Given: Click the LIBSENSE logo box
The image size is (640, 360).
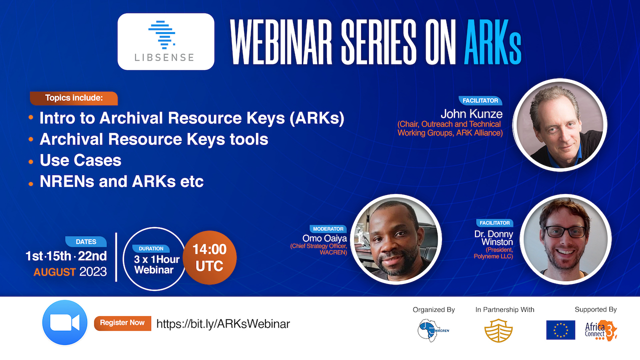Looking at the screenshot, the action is (165, 41).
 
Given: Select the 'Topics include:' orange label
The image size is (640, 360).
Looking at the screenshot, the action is (73, 98).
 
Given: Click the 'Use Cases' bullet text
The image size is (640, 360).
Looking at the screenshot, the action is (80, 160).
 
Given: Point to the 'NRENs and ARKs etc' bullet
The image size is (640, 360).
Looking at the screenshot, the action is (121, 181).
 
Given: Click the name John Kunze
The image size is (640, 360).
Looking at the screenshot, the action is (471, 114).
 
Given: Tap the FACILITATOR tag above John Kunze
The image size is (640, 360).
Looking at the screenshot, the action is (480, 100).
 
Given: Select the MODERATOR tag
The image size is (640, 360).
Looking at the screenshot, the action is (328, 229).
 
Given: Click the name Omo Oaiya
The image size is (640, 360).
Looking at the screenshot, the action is (324, 238).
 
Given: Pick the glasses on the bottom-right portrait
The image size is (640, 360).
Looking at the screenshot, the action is (565, 231).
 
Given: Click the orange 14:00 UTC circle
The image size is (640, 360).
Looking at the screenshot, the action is (209, 257).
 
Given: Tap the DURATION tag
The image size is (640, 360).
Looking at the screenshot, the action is (151, 248).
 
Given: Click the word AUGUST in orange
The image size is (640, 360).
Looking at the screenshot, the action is (54, 272).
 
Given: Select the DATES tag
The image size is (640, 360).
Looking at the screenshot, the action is (85, 241).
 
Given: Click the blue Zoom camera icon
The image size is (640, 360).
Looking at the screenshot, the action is (65, 322).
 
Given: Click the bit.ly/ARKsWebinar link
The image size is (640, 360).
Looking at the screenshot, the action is (223, 324).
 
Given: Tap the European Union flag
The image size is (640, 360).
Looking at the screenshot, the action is (560, 329).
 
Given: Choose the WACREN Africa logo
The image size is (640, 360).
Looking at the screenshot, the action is (432, 330).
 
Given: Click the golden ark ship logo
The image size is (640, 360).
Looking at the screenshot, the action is (498, 330).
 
